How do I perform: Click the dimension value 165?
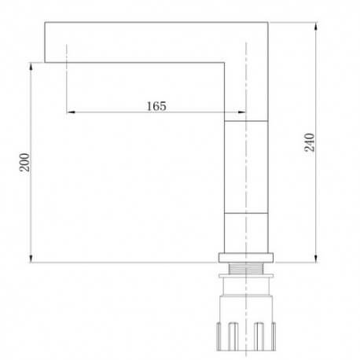tap(156, 105)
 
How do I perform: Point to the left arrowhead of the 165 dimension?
tap(70, 112)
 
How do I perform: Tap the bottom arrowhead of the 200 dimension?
tap(31, 260)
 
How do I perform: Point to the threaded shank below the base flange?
tap(247, 274)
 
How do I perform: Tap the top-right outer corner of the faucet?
tap(269, 23)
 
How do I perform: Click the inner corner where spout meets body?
tap(226, 63)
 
